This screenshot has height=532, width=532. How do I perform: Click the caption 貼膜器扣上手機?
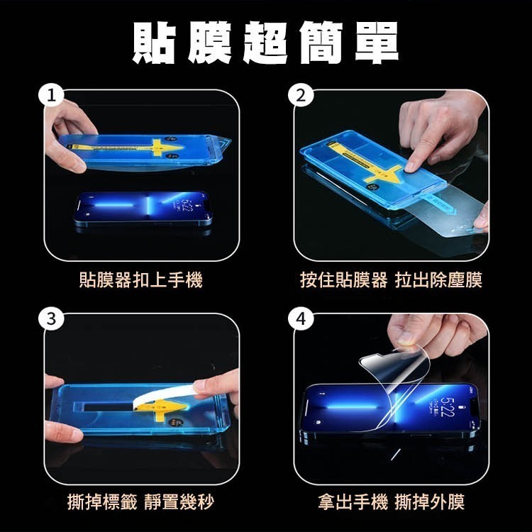[x=140, y=280]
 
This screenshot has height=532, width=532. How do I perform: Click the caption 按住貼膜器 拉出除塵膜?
[x=391, y=280]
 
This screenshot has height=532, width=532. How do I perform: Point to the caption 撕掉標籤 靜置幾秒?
[x=140, y=503]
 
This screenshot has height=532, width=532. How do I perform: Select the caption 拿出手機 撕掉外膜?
[x=391, y=503]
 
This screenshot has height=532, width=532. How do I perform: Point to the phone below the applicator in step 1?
[x=143, y=208]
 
